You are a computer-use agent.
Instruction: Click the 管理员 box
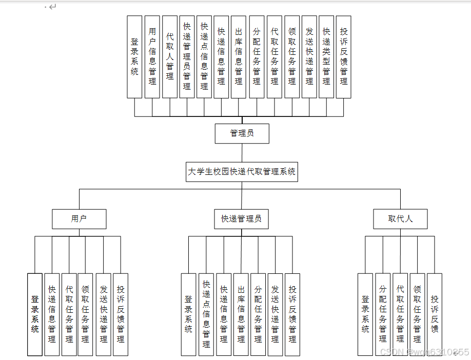tap(242, 133)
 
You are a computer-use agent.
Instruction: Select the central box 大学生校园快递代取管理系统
tap(242, 172)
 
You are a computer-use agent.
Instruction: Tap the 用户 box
tap(79, 218)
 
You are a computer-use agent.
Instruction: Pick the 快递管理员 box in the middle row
tap(241, 218)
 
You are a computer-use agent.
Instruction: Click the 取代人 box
tap(400, 218)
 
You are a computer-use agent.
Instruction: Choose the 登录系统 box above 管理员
tap(134, 56)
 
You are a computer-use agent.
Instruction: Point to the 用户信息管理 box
tap(152, 56)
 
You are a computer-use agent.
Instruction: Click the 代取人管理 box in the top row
tap(170, 56)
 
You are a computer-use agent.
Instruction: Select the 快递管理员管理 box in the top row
tap(187, 56)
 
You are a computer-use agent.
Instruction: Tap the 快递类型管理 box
tap(326, 56)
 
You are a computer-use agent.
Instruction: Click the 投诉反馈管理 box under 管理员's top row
tap(344, 56)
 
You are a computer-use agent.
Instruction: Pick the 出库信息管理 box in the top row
tap(239, 56)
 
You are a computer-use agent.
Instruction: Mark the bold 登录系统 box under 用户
tap(35, 314)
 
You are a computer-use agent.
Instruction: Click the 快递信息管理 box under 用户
tap(52, 314)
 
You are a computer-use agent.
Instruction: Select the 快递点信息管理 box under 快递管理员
tap(206, 314)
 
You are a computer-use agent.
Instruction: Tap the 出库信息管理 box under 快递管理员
tap(241, 314)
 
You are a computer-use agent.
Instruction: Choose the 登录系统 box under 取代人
tap(365, 314)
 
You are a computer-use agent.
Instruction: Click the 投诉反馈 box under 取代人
tap(435, 314)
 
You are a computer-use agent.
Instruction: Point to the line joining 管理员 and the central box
tap(242, 152)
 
